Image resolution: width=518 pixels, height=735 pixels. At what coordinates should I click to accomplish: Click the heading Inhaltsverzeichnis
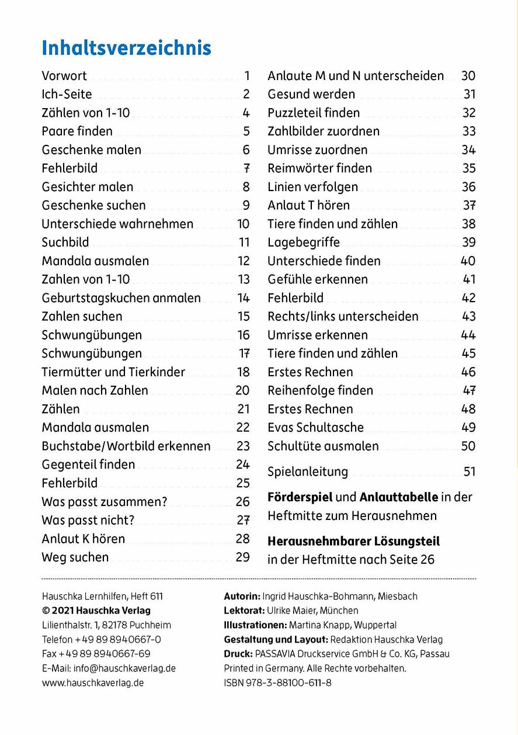pos(126,48)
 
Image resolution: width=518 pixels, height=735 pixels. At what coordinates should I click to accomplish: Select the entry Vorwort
pos(64,75)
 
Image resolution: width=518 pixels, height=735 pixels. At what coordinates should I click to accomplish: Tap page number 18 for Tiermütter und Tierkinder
pos(243,372)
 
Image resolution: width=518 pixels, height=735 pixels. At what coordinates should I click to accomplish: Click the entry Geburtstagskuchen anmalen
pos(121,298)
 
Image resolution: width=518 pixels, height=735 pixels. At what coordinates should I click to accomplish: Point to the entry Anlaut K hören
pos(83,539)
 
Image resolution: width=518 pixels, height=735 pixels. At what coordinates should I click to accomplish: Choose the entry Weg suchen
pos(75,557)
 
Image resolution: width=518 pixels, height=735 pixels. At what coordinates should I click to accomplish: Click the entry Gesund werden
pos(311,94)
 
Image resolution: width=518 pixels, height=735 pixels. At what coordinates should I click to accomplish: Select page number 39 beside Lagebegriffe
pos(468,242)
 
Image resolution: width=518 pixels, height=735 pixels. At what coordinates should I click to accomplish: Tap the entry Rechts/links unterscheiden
pos(343,317)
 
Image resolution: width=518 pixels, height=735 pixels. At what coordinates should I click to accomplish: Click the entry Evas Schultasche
pos(315,428)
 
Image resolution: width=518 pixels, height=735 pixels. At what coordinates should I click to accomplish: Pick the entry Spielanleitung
pos(308,471)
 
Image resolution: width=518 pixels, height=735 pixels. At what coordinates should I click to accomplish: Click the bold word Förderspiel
pos(300,497)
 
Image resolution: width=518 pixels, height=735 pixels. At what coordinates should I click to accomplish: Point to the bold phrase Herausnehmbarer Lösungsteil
pos(353,541)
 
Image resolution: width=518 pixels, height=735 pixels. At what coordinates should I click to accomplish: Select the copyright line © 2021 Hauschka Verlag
pos(96,611)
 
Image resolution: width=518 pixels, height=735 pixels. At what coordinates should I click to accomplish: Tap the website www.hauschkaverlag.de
pos(93,682)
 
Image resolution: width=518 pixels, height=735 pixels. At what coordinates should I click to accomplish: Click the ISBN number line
pos(277,682)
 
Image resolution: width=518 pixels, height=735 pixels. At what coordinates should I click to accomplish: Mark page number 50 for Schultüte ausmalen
pos(468,446)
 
